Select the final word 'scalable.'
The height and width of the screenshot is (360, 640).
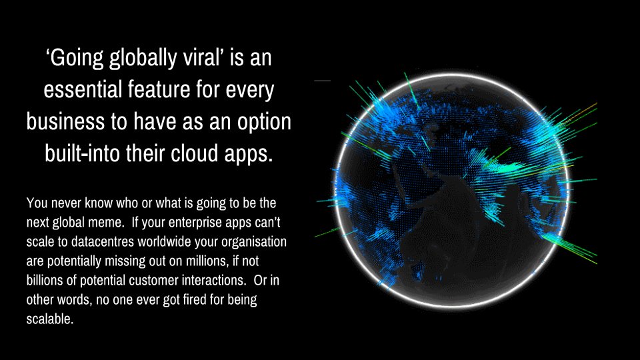pyautogui.click(x=49, y=319)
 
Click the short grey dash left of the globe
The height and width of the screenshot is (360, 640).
pyautogui.click(x=322, y=81)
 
